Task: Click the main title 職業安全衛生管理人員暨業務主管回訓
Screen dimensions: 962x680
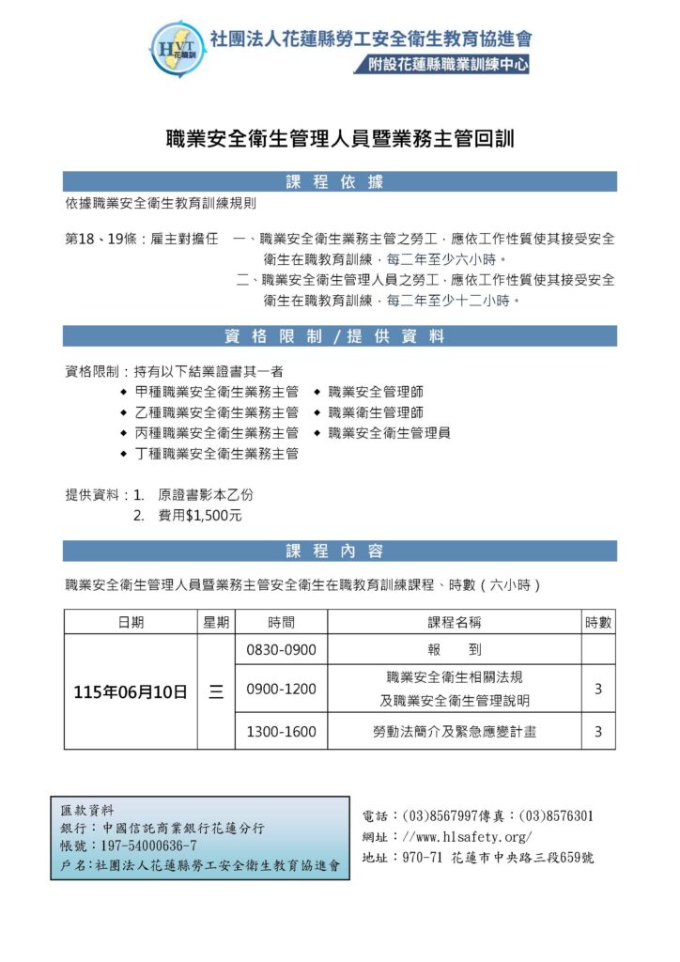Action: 340,138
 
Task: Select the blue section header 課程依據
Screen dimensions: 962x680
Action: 340,182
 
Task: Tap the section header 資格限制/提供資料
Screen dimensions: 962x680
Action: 340,336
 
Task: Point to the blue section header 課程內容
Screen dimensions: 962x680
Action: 340,551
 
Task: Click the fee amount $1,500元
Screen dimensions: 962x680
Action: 214,516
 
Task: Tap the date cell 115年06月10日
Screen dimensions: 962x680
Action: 131,692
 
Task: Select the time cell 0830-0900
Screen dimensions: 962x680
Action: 281,650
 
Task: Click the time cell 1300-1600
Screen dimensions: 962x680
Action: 281,732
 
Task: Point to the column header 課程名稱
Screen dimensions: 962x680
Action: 455,622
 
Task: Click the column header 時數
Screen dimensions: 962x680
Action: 598,622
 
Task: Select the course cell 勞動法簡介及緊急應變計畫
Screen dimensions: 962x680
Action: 455,732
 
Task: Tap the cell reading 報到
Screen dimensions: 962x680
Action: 455,650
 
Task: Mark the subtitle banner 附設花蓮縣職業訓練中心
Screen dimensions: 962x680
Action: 441,66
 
